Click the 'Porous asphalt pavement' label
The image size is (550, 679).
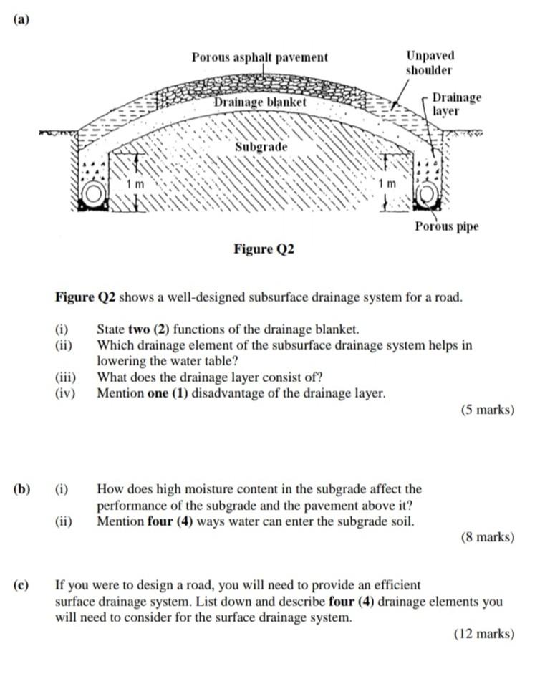pyautogui.click(x=259, y=57)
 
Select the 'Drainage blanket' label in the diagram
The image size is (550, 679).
pyautogui.click(x=261, y=103)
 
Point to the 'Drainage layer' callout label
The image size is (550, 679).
pyautogui.click(x=456, y=104)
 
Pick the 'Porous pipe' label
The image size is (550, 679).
pyautogui.click(x=447, y=226)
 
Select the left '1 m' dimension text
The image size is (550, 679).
pyautogui.click(x=135, y=184)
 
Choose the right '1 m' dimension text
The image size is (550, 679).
pyautogui.click(x=387, y=184)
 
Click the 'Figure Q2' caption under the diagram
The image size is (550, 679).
pyautogui.click(x=264, y=249)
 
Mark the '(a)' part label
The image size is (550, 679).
pyautogui.click(x=21, y=20)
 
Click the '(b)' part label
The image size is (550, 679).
pyautogui.click(x=21, y=489)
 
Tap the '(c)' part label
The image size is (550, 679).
pyautogui.click(x=21, y=585)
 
